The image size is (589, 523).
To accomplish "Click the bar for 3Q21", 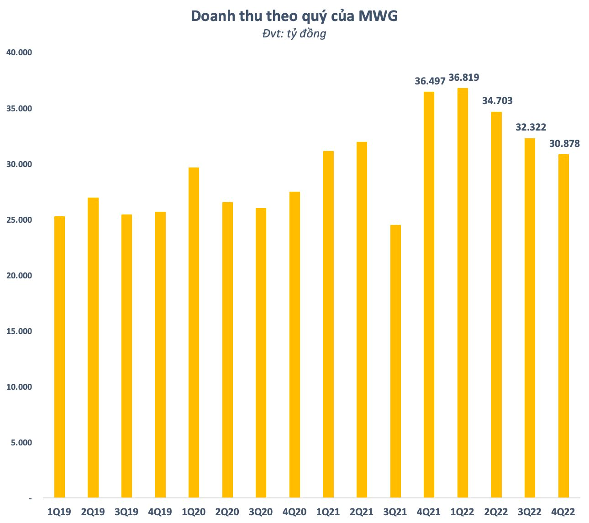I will [x=395, y=361].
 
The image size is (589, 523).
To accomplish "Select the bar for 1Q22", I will [x=463, y=293].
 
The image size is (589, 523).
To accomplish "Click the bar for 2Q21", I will [x=362, y=319].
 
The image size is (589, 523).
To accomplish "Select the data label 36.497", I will [x=430, y=81].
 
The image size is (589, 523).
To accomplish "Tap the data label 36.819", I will [x=464, y=78].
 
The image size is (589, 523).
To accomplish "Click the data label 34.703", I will [x=497, y=101].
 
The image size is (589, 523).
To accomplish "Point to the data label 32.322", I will [x=531, y=127].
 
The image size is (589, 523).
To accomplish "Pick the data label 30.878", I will [x=564, y=144].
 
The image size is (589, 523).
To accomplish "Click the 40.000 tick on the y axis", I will [x=19, y=52].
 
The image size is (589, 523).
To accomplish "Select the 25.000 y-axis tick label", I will [x=19, y=220].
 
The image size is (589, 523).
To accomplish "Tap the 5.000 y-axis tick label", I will [x=21, y=443].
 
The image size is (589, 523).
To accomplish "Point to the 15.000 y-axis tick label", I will [x=19, y=331].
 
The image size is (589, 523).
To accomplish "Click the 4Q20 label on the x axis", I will [x=294, y=512].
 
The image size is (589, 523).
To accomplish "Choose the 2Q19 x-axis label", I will [x=93, y=512].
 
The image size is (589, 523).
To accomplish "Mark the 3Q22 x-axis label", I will [x=530, y=512].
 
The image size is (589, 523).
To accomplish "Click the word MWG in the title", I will [x=378, y=16].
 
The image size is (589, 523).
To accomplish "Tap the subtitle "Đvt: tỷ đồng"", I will [x=294, y=34].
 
